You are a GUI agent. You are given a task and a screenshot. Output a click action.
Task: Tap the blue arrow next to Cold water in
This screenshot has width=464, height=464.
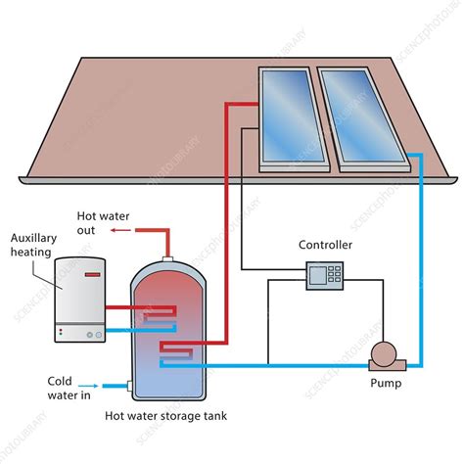96,385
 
